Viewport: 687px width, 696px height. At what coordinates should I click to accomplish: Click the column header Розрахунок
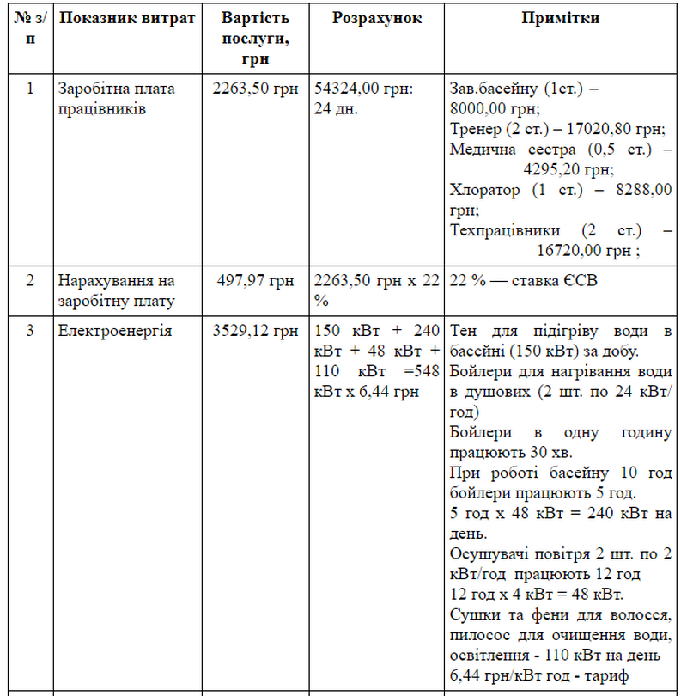[377, 18]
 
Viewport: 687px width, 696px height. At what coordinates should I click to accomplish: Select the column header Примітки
[560, 18]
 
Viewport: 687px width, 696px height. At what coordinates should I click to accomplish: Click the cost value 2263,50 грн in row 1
[255, 88]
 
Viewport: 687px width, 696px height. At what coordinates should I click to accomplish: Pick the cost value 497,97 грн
[255, 281]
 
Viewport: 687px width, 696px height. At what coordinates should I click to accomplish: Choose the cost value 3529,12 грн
[255, 331]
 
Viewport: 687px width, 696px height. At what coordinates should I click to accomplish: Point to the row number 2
[30, 281]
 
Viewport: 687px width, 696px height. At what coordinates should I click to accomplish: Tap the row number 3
[30, 331]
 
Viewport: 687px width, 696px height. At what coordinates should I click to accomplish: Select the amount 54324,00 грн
[364, 88]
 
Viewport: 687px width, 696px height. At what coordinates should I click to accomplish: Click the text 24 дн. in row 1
[337, 109]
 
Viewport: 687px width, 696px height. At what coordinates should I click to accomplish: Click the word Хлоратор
[484, 190]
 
